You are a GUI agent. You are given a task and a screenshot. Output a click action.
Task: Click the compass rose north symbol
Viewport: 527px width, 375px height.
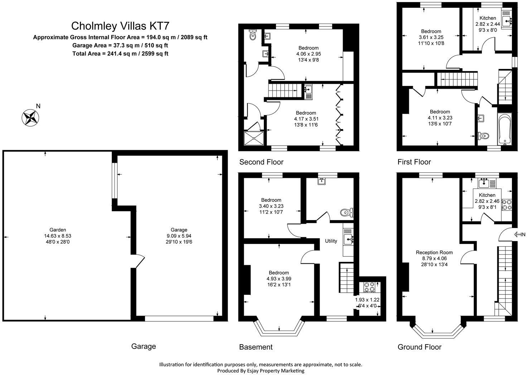[x=30, y=117]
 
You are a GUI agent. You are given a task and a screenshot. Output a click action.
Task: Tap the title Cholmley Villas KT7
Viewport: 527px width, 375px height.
[x=120, y=26]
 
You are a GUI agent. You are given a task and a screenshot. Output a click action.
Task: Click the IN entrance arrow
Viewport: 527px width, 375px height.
[x=519, y=234]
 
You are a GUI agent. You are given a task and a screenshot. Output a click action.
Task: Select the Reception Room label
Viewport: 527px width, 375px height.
[x=434, y=252]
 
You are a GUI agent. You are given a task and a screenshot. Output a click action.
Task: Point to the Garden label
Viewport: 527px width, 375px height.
[x=58, y=230]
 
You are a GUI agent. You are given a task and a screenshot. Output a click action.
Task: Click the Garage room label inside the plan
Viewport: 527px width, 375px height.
[x=179, y=230]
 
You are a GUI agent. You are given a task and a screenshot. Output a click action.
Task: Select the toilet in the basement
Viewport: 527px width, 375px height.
[x=346, y=213]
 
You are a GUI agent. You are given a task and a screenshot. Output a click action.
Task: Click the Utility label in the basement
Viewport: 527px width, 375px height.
[x=331, y=241]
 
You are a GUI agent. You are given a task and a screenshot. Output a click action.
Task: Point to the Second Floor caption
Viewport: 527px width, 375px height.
[x=261, y=162]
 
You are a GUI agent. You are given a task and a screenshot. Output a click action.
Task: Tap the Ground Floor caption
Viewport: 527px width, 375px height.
[x=419, y=347]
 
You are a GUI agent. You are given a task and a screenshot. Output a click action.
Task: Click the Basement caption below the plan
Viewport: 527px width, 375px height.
[x=256, y=347]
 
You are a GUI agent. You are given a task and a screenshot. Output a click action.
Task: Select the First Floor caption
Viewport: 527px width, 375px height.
[x=414, y=162]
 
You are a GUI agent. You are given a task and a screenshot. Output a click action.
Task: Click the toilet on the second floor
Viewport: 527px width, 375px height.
[x=253, y=35]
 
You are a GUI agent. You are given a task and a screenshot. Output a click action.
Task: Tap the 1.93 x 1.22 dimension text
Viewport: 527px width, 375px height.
[x=367, y=300]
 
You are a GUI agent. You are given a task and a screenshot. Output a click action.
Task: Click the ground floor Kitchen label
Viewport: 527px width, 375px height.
[x=487, y=195]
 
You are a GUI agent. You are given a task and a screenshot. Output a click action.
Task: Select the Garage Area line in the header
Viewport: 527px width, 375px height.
[x=120, y=45]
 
